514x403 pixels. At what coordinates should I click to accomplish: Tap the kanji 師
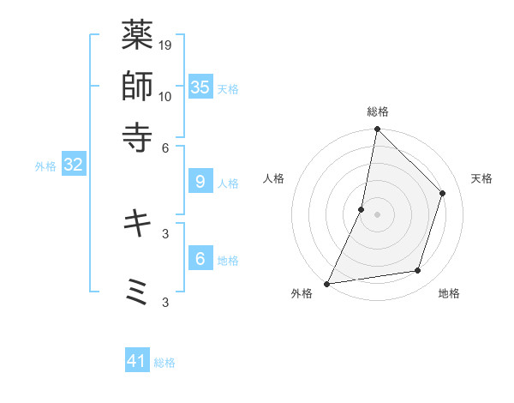pyautogui.click(x=137, y=85)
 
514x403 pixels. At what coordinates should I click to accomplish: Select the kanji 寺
pyautogui.click(x=137, y=135)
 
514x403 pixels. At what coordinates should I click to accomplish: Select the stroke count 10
pyautogui.click(x=165, y=96)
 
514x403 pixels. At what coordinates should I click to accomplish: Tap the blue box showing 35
pyautogui.click(x=200, y=87)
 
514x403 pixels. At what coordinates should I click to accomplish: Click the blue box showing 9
pyautogui.click(x=200, y=182)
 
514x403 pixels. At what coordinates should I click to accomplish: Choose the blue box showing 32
pyautogui.click(x=73, y=165)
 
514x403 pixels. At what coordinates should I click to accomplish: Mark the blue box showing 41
pyautogui.click(x=137, y=361)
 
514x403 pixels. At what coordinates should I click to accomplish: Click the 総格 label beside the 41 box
pyautogui.click(x=164, y=363)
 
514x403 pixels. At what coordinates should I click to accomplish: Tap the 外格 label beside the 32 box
pyautogui.click(x=45, y=166)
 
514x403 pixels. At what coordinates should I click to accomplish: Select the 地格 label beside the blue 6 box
pyautogui.click(x=228, y=261)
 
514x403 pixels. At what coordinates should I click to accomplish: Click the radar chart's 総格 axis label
pyautogui.click(x=378, y=111)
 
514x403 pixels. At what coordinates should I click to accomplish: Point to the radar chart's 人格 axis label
pyautogui.click(x=273, y=178)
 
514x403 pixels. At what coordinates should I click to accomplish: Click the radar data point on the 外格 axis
pyautogui.click(x=327, y=283)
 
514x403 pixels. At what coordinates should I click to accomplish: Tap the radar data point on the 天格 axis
pyautogui.click(x=443, y=193)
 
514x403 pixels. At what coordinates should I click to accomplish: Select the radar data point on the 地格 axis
pyautogui.click(x=418, y=271)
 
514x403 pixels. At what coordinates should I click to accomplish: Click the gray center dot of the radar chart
pyautogui.click(x=377, y=214)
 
